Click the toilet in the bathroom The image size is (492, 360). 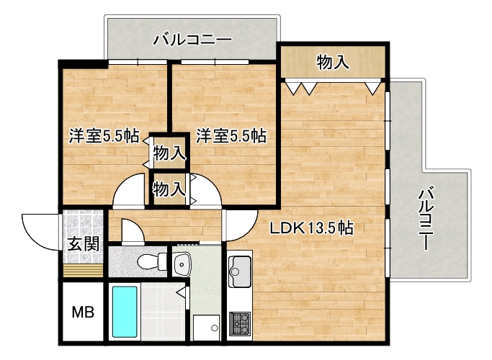152,261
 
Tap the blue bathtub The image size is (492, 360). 125,312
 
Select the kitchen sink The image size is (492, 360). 240,271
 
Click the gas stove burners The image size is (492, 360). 240,323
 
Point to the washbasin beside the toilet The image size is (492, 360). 182,265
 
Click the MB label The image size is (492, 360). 83,312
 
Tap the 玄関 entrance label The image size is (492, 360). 84,243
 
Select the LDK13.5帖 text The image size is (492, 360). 312,228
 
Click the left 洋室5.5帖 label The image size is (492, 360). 104,136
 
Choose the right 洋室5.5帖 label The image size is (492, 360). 231,136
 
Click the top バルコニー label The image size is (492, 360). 192,40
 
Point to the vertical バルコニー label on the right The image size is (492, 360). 426,219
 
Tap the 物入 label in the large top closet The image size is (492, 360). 333,62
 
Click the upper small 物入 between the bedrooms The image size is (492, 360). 169,153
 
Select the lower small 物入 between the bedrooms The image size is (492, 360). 169,189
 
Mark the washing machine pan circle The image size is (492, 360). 215,328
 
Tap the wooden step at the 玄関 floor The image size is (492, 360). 83,271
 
